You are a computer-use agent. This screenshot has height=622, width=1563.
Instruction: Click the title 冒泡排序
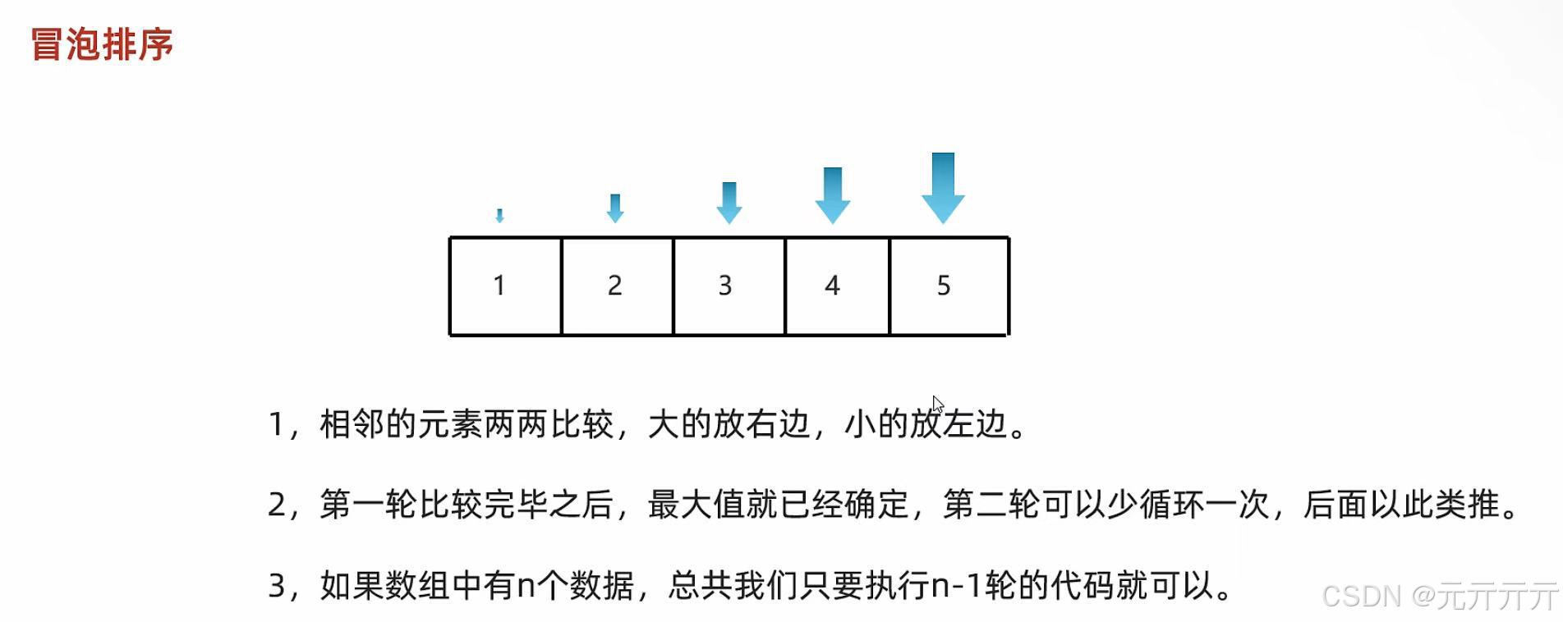click(102, 44)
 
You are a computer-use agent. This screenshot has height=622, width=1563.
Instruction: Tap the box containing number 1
click(505, 286)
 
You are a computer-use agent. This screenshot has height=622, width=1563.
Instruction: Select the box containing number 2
click(617, 286)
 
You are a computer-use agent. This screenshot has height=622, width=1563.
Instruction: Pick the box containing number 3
click(729, 286)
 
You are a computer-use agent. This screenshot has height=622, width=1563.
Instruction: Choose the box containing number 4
click(837, 286)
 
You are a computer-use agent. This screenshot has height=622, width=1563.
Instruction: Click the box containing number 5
click(949, 286)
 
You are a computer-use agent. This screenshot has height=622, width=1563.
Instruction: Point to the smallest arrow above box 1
click(499, 216)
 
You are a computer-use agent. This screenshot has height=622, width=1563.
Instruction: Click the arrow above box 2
click(614, 208)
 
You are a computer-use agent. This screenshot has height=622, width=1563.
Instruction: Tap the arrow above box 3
click(729, 203)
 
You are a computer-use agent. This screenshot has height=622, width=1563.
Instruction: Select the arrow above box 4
click(832, 195)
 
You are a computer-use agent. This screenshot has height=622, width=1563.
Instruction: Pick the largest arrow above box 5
click(943, 188)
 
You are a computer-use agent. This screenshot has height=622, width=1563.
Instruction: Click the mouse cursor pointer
click(937, 405)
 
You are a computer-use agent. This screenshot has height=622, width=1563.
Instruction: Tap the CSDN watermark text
click(1439, 596)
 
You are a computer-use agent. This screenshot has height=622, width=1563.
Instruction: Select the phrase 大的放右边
click(729, 424)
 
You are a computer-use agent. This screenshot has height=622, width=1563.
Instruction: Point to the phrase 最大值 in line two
click(696, 505)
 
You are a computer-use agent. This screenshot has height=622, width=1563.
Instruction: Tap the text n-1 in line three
click(958, 586)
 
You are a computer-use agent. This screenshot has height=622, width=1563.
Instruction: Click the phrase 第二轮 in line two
click(991, 505)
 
